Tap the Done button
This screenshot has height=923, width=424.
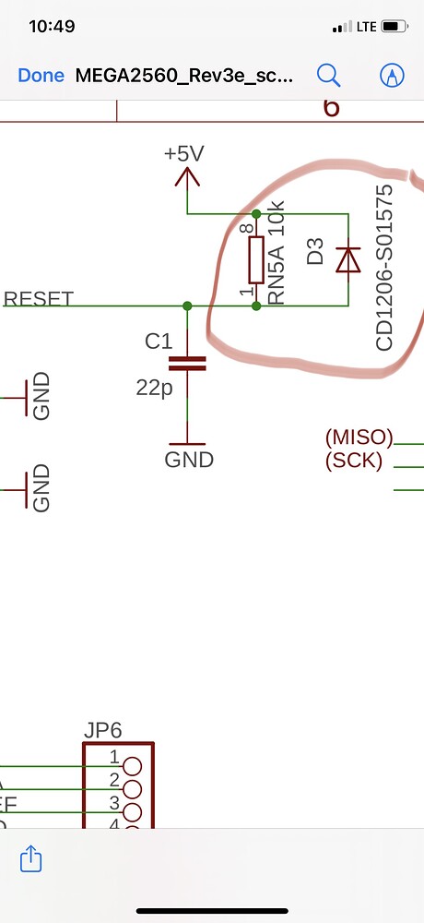(x=41, y=76)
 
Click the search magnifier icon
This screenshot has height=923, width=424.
(x=328, y=75)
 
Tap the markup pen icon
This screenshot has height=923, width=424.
(x=393, y=75)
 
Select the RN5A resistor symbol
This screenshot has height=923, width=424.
(x=255, y=260)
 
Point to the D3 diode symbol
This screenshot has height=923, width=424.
(x=347, y=259)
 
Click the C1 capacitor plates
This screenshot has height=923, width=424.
(x=188, y=365)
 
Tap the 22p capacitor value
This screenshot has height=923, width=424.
(x=154, y=389)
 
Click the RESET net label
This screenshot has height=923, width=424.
(x=39, y=299)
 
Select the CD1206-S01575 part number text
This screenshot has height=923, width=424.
(x=384, y=268)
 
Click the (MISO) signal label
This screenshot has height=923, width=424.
(x=359, y=438)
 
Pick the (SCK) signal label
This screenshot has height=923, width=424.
(x=354, y=460)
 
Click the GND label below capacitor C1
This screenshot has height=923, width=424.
(x=189, y=459)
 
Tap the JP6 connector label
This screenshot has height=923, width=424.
(x=101, y=731)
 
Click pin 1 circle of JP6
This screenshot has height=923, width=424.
(x=132, y=765)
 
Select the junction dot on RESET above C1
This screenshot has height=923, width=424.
(x=188, y=306)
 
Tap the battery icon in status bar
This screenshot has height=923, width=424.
(x=395, y=27)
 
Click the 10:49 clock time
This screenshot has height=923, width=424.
(x=52, y=27)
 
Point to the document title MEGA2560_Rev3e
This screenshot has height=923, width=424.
(x=184, y=76)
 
